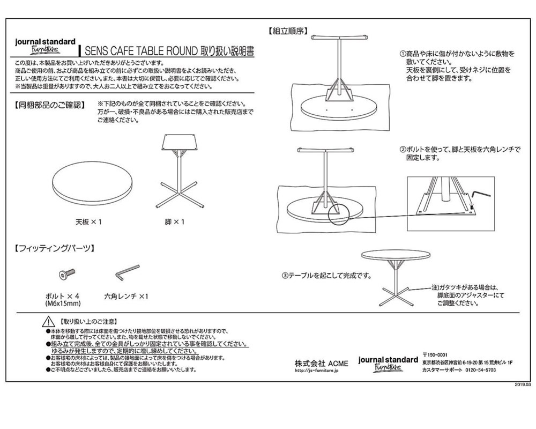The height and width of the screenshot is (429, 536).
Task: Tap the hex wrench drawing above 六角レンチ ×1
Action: point(126,272)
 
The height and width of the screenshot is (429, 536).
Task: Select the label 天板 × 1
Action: point(88,221)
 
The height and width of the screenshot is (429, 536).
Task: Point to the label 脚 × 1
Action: point(175,221)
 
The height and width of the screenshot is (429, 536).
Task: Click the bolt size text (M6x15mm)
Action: point(63,303)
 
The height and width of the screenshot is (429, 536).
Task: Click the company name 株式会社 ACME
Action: point(321,363)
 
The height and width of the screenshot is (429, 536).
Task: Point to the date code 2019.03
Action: point(522,385)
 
